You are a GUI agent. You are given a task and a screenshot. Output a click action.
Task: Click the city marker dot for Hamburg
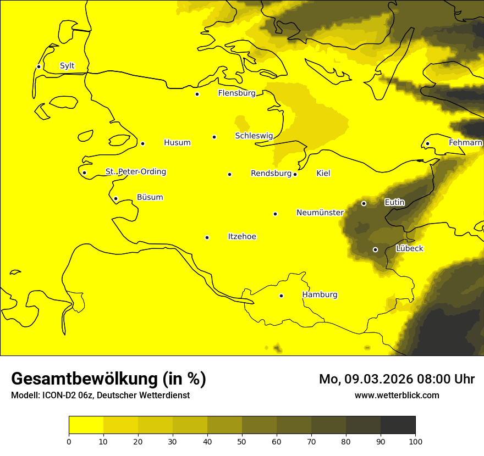tap(281, 296)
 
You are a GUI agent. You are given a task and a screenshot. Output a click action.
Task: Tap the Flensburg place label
tap(237, 93)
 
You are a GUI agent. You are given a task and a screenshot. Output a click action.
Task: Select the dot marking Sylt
tap(38, 66)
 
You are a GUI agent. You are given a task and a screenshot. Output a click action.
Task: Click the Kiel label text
tap(323, 174)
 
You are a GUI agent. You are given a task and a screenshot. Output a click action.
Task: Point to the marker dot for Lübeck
tap(375, 249)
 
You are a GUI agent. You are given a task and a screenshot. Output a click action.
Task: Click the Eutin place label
tap(394, 203)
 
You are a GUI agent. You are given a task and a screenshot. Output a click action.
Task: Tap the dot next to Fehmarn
tap(427, 143)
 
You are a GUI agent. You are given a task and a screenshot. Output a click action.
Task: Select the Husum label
tap(177, 143)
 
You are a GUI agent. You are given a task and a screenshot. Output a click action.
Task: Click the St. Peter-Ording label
tap(136, 172)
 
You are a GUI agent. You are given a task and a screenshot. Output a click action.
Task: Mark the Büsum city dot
tap(116, 198)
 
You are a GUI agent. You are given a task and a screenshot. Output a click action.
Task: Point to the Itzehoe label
tap(242, 237)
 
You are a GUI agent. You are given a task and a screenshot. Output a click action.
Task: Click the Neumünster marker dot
tap(275, 214)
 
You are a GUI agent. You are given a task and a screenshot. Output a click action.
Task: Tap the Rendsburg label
tap(271, 174)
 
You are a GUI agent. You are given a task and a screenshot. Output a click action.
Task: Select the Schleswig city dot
tap(214, 137)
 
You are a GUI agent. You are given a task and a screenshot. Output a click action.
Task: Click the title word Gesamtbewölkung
tap(86, 379)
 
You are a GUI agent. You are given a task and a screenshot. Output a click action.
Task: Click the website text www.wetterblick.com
tap(397, 395)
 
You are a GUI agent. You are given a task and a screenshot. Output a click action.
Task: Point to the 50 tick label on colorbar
tap(242, 441)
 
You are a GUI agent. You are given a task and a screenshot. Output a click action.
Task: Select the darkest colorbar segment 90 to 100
tap(398, 425)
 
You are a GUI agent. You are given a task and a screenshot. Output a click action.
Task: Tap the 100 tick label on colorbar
tap(415, 441)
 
